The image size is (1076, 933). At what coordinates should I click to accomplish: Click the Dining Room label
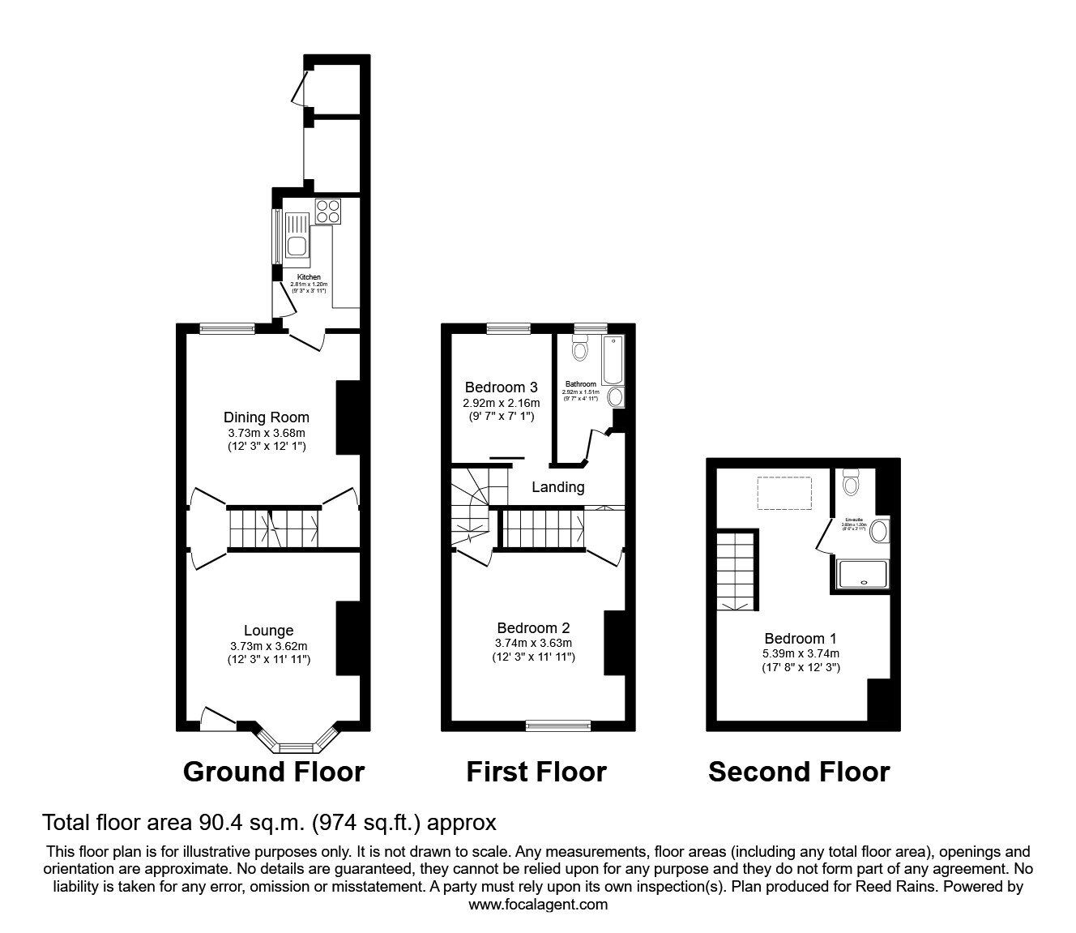(267, 417)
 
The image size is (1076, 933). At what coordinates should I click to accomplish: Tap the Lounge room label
(268, 631)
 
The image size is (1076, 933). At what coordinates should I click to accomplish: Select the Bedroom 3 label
(501, 387)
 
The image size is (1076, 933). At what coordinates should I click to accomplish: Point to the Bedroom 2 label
(533, 627)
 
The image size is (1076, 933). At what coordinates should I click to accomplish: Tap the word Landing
(557, 487)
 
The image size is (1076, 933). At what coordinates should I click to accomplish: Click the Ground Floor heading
(274, 772)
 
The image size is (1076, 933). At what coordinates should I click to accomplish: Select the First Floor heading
(536, 772)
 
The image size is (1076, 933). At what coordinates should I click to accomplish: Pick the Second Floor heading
(799, 772)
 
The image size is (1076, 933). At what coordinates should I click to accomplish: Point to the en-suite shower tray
(863, 574)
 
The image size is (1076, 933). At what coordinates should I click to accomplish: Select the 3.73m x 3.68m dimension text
(267, 433)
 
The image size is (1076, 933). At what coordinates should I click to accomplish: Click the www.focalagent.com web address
(538, 905)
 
